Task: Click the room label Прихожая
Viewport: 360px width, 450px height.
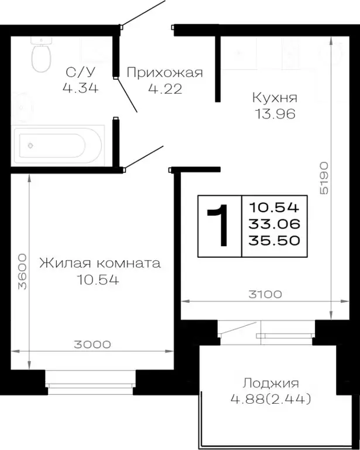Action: click(164, 73)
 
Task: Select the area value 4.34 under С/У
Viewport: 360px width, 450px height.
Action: click(79, 88)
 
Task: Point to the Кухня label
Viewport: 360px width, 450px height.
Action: click(275, 98)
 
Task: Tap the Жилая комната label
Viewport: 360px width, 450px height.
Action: click(100, 263)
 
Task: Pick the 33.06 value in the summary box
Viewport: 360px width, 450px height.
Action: click(274, 223)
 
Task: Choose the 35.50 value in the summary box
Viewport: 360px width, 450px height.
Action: click(274, 240)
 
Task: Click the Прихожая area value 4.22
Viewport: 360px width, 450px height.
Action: click(164, 89)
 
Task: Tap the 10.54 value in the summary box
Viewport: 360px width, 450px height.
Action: click(274, 206)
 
